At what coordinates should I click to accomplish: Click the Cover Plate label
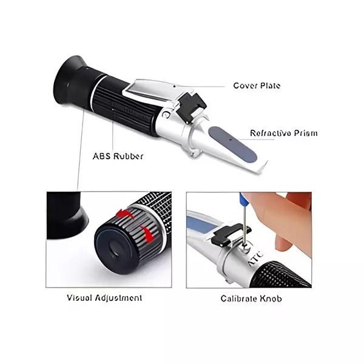(x=257, y=86)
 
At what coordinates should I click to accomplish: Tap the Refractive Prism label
(x=283, y=133)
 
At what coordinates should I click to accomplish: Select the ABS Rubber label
(x=118, y=156)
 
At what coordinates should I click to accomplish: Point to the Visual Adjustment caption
(x=105, y=298)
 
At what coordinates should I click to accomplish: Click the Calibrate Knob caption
(x=251, y=298)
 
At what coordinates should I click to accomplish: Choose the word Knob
(x=270, y=298)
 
